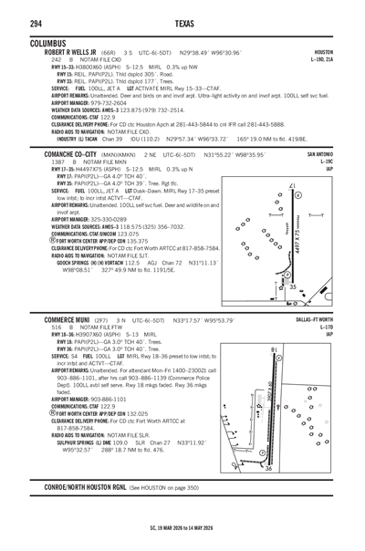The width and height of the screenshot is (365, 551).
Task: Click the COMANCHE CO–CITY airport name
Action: [61, 155]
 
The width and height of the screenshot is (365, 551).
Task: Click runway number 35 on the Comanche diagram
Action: [293, 286]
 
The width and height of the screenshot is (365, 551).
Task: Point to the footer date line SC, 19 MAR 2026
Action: [182, 527]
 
